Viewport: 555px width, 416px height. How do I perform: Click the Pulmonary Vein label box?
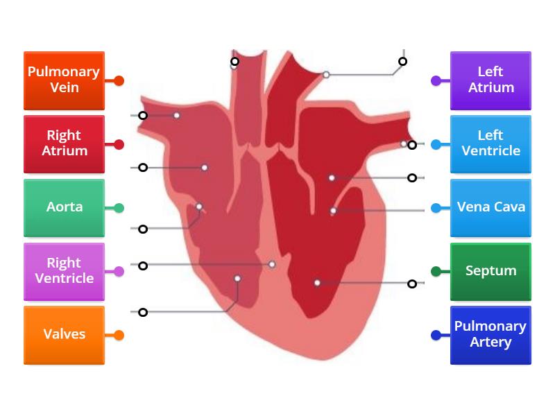click(x=64, y=80)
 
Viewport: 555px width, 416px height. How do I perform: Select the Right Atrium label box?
click(x=64, y=144)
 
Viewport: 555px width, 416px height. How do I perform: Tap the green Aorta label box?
click(x=64, y=207)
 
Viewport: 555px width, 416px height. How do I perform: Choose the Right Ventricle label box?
click(x=64, y=271)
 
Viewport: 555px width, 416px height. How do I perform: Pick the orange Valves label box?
click(x=64, y=335)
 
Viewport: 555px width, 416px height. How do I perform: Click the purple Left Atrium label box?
click(x=490, y=80)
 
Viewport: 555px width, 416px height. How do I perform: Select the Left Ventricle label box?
click(x=490, y=144)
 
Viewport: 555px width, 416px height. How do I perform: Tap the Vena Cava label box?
click(x=490, y=207)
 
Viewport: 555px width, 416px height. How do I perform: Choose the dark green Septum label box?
click(x=490, y=271)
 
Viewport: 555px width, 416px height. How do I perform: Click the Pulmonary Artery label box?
click(x=490, y=335)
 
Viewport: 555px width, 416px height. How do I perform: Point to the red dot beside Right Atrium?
click(x=119, y=145)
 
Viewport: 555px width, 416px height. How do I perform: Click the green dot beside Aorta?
click(x=119, y=208)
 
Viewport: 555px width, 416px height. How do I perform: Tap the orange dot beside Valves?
click(x=119, y=336)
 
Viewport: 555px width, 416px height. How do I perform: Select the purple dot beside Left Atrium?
click(x=436, y=80)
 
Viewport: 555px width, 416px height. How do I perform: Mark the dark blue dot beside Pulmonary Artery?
click(x=436, y=336)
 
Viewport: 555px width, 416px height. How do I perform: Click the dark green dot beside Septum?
click(x=436, y=272)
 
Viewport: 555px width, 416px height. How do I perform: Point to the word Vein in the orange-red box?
click(x=64, y=88)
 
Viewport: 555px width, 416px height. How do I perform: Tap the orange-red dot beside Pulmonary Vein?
click(x=119, y=80)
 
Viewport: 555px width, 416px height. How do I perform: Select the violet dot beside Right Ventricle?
click(x=119, y=272)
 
